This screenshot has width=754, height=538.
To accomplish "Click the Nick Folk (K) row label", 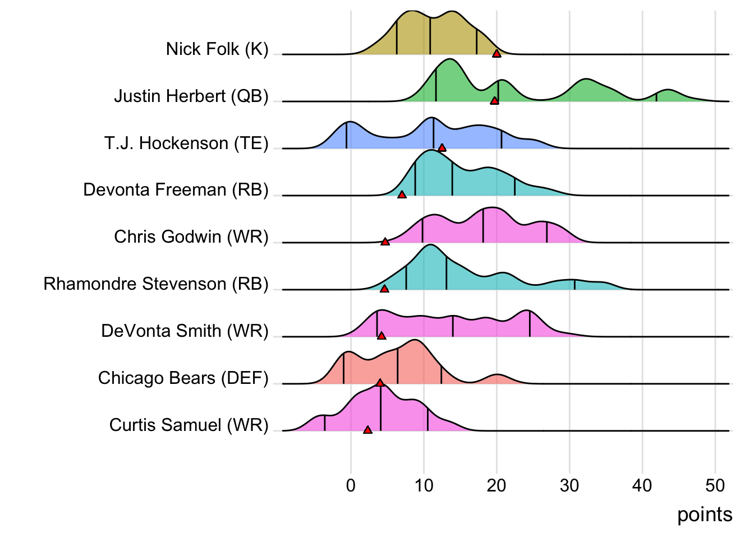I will click(x=217, y=49).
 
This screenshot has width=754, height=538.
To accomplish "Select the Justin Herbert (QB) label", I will click(x=191, y=96).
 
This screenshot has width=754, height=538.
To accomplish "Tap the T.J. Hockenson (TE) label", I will click(x=186, y=143).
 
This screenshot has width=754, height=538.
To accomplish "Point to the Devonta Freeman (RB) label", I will click(x=176, y=190).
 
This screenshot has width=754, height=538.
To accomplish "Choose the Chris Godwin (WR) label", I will click(x=191, y=237).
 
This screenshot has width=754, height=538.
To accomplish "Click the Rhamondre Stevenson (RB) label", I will click(x=156, y=284).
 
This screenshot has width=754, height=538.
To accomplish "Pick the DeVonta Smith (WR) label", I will click(x=185, y=331).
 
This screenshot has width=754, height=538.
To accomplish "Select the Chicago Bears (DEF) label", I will click(x=183, y=378).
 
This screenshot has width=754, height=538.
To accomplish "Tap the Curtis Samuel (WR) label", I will click(x=189, y=425).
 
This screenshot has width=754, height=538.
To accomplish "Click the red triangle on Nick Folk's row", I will click(x=496, y=54).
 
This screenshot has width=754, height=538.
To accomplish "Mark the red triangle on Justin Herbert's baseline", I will click(x=494, y=101).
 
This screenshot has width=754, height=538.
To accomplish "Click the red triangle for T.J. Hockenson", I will click(x=442, y=148).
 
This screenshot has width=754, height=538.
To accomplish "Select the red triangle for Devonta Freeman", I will click(x=402, y=195).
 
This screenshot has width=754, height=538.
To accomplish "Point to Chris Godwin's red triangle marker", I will click(x=385, y=242).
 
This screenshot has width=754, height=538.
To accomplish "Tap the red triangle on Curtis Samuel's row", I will click(x=367, y=430).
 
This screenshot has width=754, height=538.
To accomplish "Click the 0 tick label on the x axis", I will click(x=351, y=485).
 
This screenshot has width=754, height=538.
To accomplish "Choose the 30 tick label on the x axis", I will click(x=569, y=485).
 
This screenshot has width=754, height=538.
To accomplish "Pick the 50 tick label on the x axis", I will click(x=715, y=485).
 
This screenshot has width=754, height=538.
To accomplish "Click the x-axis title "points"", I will click(x=705, y=514).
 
